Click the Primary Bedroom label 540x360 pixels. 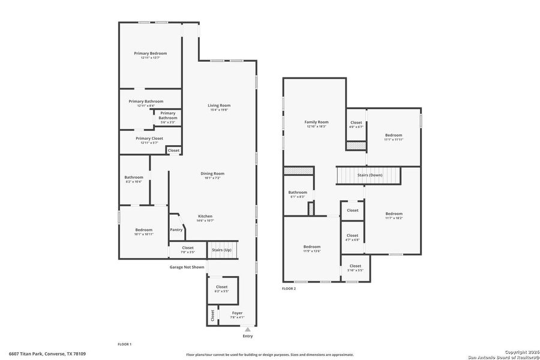click(x=150, y=53)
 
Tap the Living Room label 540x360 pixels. click(x=220, y=106)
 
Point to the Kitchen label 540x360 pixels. click(x=205, y=216)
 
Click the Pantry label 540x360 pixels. click(x=176, y=229)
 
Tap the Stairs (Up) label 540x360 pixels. click(x=223, y=250)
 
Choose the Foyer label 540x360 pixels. click(x=238, y=313)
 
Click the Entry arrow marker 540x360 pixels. click(x=248, y=329)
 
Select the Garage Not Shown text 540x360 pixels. click(x=187, y=267)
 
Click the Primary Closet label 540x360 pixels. click(x=149, y=139)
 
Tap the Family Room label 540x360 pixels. click(x=316, y=122)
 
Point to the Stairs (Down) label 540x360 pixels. click(x=370, y=175)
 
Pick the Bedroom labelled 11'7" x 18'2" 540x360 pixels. click(x=394, y=214)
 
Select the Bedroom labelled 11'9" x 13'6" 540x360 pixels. click(x=311, y=247)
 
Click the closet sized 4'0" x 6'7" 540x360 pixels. click(x=356, y=122)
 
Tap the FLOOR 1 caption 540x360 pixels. click(x=124, y=344)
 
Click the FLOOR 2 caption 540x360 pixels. click(x=289, y=289)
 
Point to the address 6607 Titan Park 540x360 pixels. click(x=47, y=354)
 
